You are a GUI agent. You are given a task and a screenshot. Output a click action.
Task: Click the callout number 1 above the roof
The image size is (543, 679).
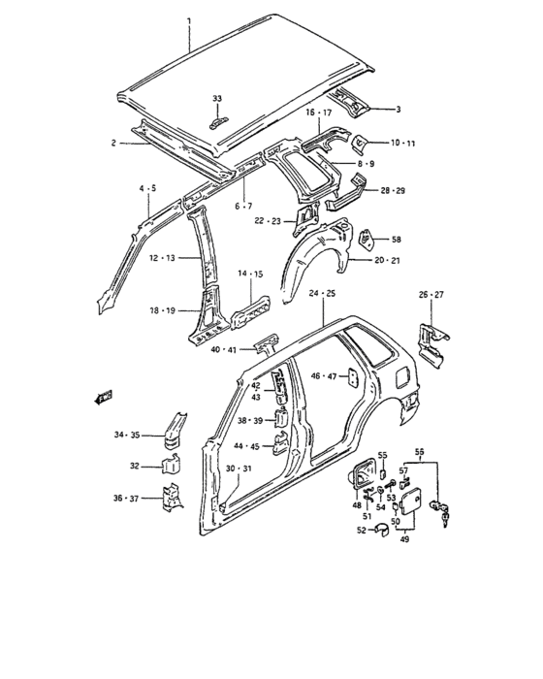(x=189, y=20)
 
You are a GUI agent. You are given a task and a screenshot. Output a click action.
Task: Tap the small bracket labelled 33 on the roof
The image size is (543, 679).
(x=219, y=123)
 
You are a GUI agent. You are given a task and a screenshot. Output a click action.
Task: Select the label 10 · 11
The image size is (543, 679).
(x=402, y=143)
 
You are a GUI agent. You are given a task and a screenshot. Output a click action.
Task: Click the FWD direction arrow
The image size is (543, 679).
(x=103, y=397)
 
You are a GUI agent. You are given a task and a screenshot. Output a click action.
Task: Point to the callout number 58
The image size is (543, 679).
(x=396, y=240)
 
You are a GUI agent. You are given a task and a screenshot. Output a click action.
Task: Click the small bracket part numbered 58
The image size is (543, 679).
(x=367, y=238)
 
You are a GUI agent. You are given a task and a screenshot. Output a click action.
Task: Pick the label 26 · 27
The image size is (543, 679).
(x=431, y=295)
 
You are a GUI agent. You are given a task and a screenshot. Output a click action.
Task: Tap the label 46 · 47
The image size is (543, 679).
(x=324, y=376)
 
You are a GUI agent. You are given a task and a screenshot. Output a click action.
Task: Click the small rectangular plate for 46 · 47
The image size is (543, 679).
(x=353, y=378)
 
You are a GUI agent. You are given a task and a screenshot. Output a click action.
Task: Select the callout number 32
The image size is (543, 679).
(x=135, y=466)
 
